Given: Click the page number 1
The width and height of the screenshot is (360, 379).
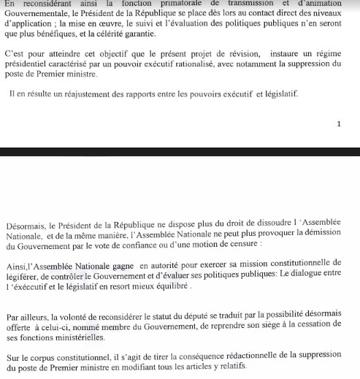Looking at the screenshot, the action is (x=338, y=124).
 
